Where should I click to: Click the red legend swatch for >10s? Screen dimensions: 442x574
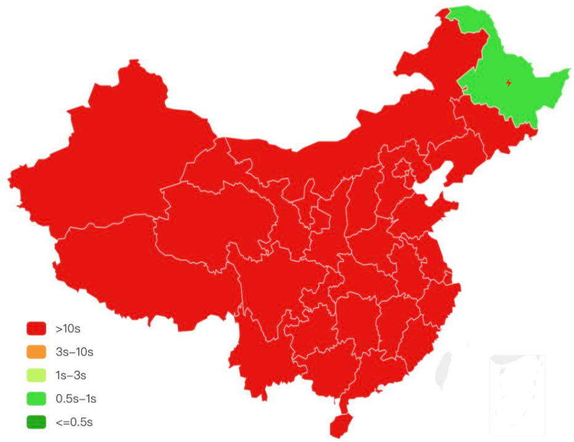[37, 328]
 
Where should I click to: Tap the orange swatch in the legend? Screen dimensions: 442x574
[37, 352]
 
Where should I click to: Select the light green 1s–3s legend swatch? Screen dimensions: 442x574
[37, 375]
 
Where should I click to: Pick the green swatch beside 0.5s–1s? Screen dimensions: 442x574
[37, 398]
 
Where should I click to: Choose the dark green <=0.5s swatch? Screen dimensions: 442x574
[37, 422]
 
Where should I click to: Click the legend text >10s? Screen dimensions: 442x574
[68, 328]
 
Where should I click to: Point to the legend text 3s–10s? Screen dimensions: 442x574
[74, 352]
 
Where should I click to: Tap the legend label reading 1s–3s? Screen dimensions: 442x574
[71, 375]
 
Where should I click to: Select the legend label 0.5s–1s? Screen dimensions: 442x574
[76, 398]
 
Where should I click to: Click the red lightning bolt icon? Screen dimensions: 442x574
[509, 82]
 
